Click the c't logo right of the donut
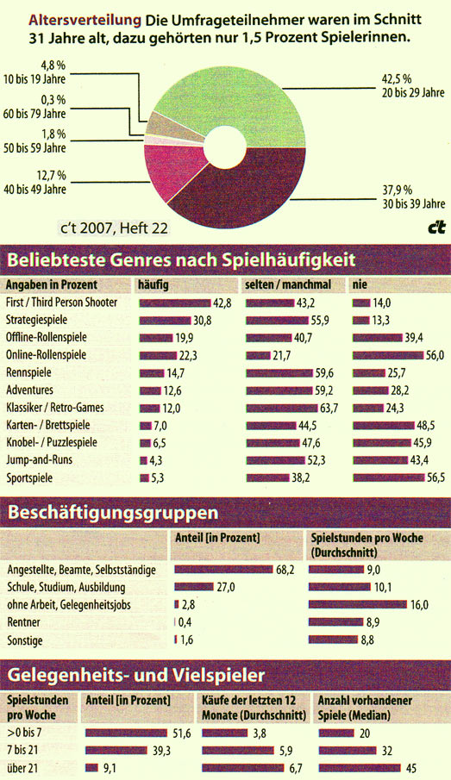click(435, 228)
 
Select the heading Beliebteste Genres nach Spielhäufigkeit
click(179, 258)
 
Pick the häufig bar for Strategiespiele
click(165, 320)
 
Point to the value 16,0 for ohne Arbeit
click(419, 605)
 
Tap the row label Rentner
click(24, 622)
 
